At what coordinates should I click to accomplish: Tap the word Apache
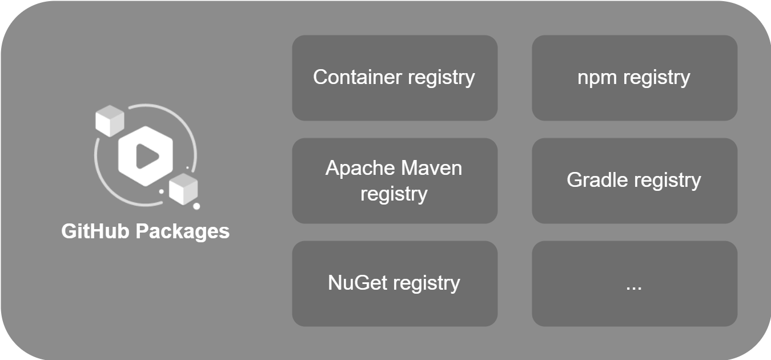360,169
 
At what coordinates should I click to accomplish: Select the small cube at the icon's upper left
110,121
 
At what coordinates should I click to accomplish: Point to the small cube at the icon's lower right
184,189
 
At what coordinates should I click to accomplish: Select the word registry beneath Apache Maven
394,194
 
